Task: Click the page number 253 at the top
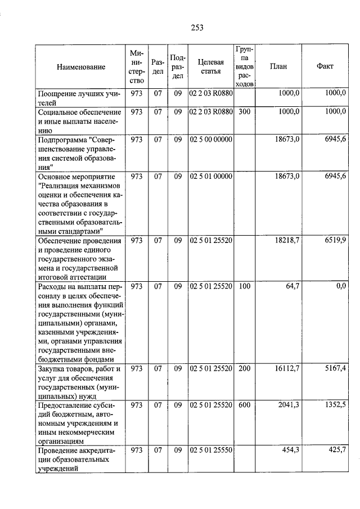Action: click(196, 28)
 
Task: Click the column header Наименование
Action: click(81, 67)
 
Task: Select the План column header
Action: click(278, 66)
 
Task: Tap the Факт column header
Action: click(325, 66)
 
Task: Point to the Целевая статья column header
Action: click(211, 66)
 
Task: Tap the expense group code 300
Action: click(244, 112)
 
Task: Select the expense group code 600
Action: click(244, 404)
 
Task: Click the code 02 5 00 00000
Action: click(211, 139)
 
